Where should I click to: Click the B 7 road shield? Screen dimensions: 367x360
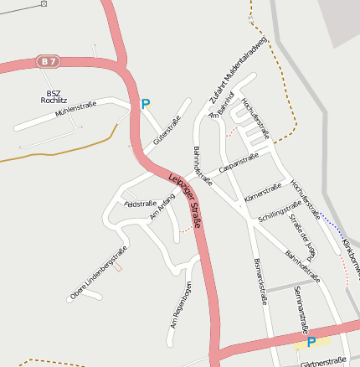49,61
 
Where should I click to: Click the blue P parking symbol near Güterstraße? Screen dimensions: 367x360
145,105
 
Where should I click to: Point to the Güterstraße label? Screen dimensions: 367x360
167,130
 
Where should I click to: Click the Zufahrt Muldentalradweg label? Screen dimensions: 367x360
238,71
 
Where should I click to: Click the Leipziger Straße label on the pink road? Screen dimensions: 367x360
186,200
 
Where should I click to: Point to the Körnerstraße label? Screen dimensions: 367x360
260,193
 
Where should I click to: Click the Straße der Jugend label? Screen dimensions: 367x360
302,239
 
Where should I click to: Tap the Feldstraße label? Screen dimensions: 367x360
141,204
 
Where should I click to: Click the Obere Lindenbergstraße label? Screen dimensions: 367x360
99,272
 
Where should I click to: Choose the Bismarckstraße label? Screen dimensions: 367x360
260,281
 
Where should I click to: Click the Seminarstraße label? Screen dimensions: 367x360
301,309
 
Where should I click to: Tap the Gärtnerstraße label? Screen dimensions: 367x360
323,364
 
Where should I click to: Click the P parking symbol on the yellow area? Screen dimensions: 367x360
311,342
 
